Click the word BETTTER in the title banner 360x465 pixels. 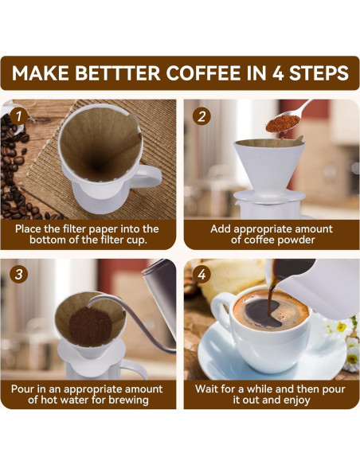[118, 73]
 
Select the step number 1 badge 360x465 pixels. [18, 116]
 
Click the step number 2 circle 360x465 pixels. [202, 116]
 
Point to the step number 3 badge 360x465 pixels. [18, 274]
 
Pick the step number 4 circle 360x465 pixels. [202, 274]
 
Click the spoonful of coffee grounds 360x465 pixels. [283, 123]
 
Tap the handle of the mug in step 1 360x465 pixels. [150, 177]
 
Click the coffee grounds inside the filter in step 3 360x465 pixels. [91, 326]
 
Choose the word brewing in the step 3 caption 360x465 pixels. [128, 400]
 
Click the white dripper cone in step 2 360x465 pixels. [269, 167]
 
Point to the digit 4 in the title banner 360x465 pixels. [278, 73]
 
